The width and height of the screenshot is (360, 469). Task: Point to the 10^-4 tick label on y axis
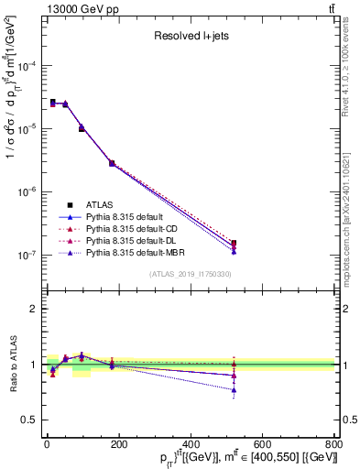pos(27,67)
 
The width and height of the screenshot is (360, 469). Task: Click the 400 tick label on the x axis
pos(191,444)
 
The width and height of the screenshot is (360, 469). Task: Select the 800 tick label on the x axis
pos(333,444)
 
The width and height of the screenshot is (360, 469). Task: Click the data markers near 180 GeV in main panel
pos(112,163)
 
